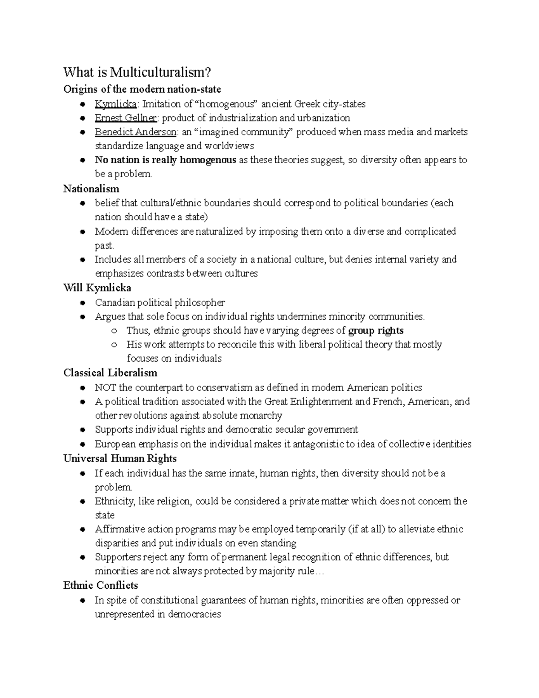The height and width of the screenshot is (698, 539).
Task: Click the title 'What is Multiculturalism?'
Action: [137, 73]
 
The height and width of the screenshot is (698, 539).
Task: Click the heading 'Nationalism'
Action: [91, 189]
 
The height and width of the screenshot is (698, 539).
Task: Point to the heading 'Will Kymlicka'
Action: [97, 288]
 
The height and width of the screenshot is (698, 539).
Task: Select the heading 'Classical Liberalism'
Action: [110, 373]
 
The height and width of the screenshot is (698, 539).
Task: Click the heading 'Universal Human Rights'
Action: [120, 459]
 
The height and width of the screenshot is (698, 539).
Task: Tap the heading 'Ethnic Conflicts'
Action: [101, 586]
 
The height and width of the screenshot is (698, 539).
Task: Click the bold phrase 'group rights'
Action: [376, 331]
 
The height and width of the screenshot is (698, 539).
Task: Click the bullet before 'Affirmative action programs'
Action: [82, 530]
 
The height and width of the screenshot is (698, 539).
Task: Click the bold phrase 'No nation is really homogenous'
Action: [165, 160]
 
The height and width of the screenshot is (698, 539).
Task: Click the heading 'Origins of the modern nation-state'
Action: [142, 89]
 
